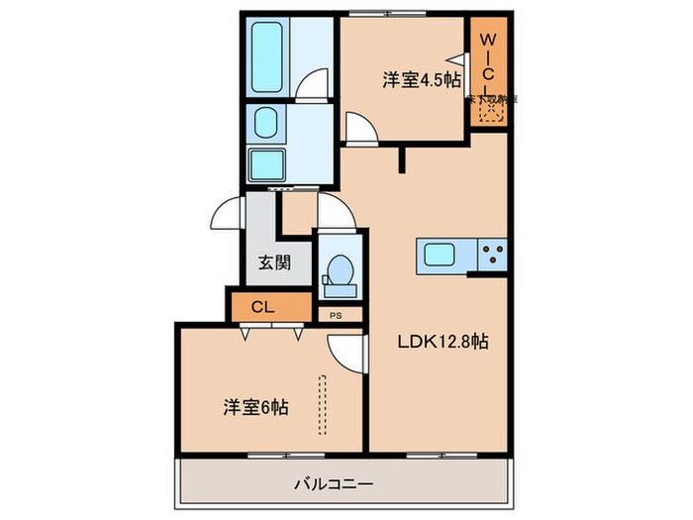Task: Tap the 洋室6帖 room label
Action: [x=255, y=406]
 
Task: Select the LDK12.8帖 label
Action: [x=443, y=342]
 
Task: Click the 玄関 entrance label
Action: [x=274, y=263]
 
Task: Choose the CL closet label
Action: [x=261, y=306]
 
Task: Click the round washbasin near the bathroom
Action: [x=266, y=122]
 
